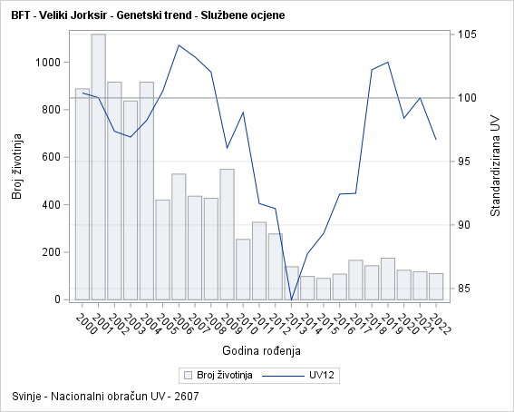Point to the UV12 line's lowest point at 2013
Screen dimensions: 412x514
click(292, 299)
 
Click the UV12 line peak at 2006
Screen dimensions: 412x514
click(179, 45)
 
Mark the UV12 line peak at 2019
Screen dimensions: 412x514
click(388, 62)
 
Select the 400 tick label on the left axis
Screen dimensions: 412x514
click(51, 204)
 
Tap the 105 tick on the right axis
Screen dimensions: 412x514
click(468, 34)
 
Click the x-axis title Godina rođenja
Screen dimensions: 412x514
click(261, 350)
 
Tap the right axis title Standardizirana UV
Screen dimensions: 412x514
click(495, 167)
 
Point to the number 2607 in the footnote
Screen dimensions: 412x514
click(187, 397)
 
